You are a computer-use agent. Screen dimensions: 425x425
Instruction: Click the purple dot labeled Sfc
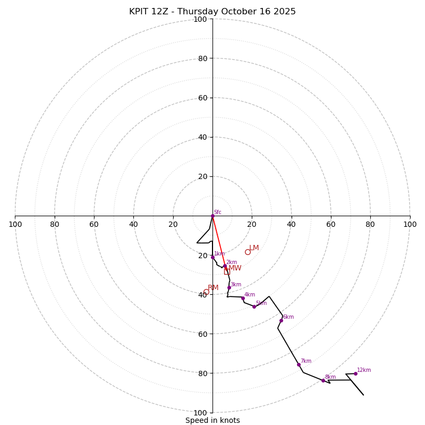click(x=212, y=216)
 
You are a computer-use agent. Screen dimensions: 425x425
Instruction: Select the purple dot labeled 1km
click(x=212, y=257)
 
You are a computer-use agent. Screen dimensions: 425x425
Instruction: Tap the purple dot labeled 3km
click(x=229, y=288)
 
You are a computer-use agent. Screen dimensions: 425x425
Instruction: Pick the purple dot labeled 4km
click(x=243, y=298)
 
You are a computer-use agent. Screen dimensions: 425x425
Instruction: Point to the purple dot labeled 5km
click(x=254, y=307)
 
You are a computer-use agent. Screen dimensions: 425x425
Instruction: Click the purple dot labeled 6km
click(x=281, y=320)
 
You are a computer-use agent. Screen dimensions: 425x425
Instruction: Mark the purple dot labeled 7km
click(x=299, y=364)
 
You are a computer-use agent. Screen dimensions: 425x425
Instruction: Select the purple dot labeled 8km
click(x=323, y=380)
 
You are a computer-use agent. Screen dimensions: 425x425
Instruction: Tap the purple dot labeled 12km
click(x=355, y=373)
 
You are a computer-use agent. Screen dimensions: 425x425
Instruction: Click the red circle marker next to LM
click(x=248, y=252)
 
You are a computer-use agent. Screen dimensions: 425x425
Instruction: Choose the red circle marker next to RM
click(x=206, y=292)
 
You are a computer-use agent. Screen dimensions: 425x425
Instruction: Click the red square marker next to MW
click(x=227, y=271)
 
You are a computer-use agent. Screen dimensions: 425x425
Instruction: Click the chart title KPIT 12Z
click(x=212, y=12)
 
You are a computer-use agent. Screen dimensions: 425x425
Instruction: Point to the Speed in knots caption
click(x=212, y=420)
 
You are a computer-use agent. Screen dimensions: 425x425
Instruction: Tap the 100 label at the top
click(x=200, y=20)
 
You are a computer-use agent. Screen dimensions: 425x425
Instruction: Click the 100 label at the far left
click(x=15, y=224)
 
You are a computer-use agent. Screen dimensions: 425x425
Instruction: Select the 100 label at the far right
click(x=410, y=224)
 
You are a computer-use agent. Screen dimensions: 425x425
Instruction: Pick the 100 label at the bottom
click(x=200, y=413)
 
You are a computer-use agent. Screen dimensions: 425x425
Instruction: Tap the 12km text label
click(x=364, y=370)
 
